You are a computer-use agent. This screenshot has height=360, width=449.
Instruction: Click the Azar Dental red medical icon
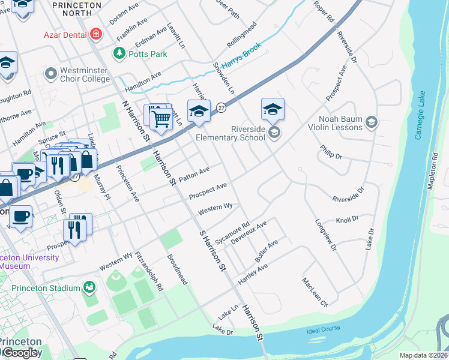[x=95, y=34]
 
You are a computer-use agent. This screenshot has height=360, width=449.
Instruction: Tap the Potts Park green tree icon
[x=119, y=54]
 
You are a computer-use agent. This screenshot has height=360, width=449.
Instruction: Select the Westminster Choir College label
[x=85, y=74]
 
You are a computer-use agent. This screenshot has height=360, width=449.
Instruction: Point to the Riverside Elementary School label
[x=231, y=133]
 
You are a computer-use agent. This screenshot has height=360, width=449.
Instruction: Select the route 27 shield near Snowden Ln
[x=221, y=107]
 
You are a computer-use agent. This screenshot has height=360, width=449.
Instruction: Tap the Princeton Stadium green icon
[x=89, y=288]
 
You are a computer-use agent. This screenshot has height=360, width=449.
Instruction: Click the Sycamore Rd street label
[x=232, y=233]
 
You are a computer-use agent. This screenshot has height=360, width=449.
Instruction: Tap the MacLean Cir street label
[x=315, y=292]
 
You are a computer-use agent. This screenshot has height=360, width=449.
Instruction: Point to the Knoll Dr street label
[x=346, y=220]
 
